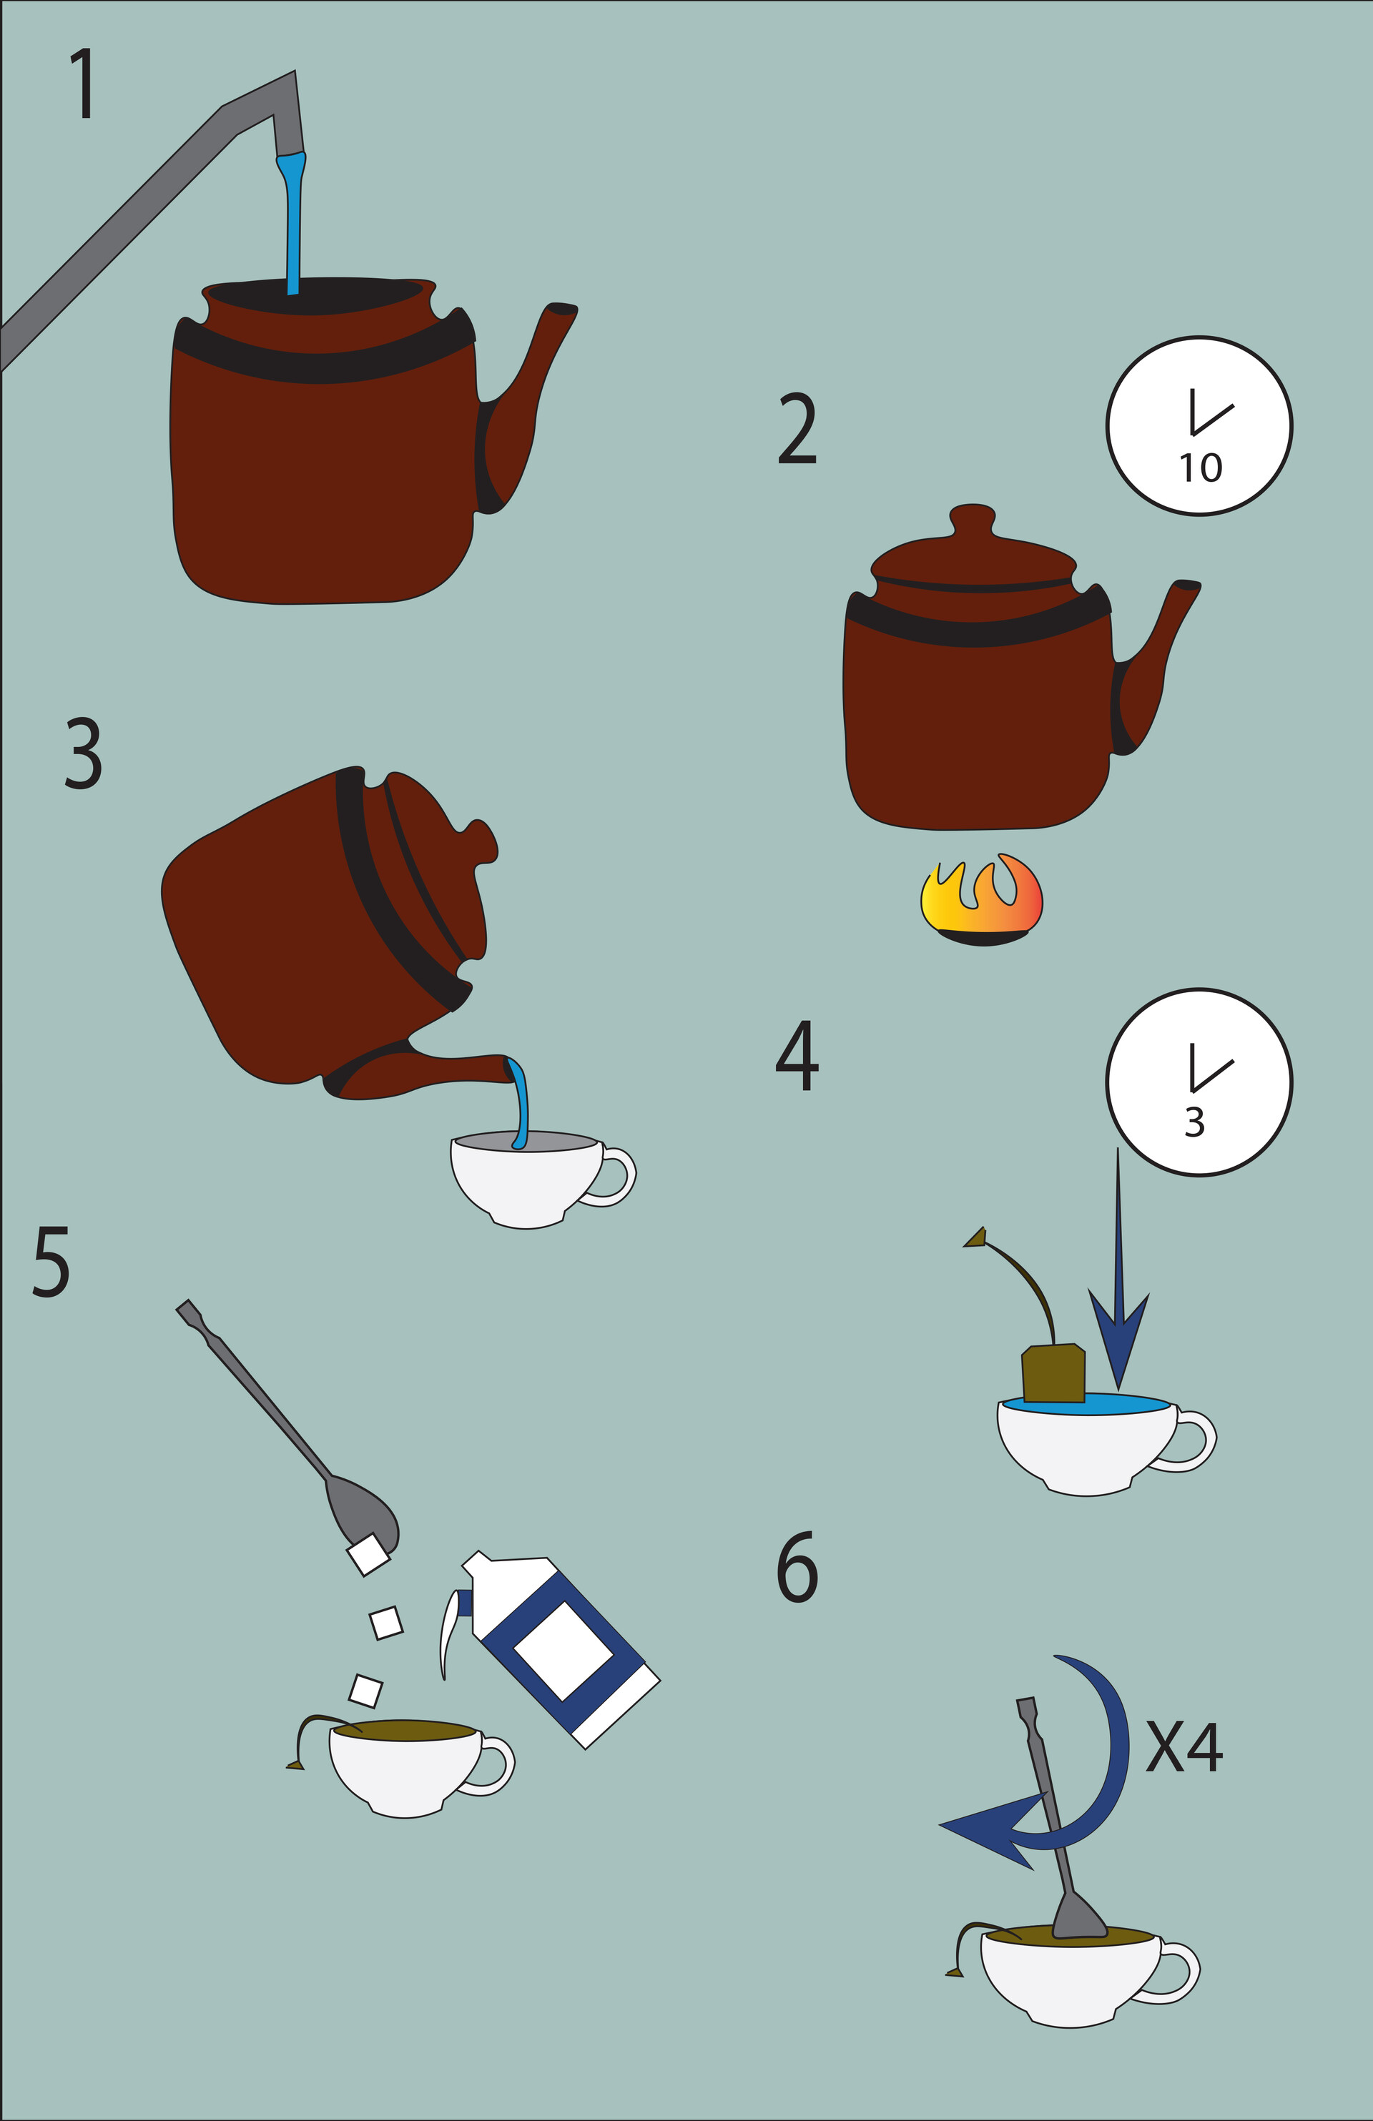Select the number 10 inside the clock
pos(1200,468)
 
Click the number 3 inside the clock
pos(1195,1123)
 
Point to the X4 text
pos(1183,1746)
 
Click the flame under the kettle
pos(980,900)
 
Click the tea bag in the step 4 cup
pos(1054,1373)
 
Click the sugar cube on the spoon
pos(368,1555)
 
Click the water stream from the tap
pos(293,223)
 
